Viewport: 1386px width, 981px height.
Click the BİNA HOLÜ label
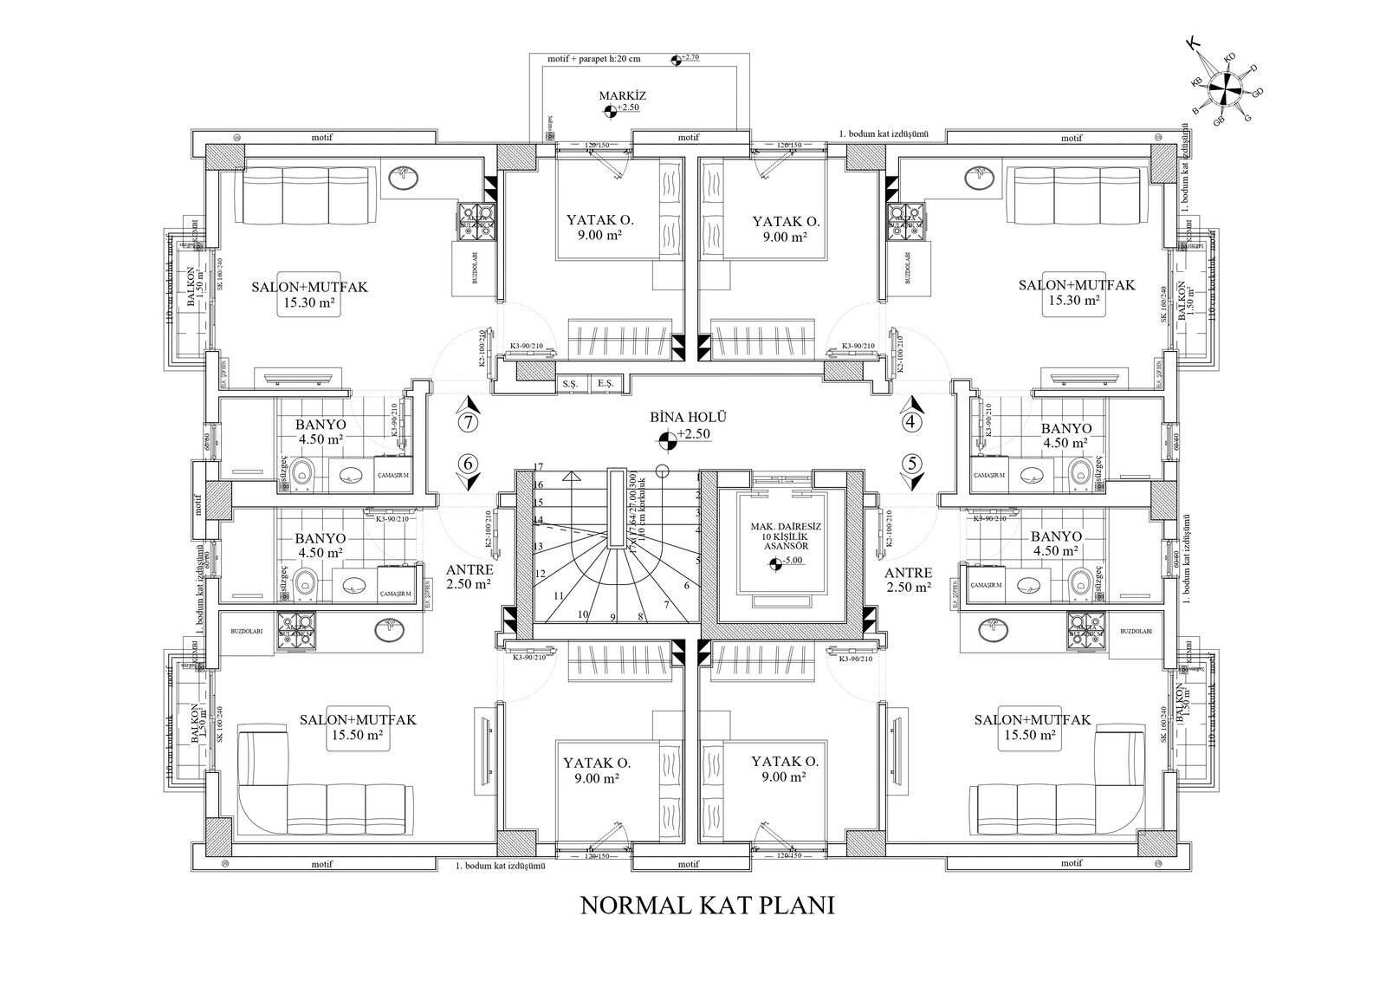click(688, 417)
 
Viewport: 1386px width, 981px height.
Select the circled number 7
click(469, 423)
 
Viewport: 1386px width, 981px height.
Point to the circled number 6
click(469, 463)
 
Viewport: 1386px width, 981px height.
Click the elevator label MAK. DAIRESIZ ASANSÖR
click(779, 537)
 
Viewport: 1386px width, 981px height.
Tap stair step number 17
click(538, 467)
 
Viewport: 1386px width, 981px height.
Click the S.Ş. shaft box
click(569, 382)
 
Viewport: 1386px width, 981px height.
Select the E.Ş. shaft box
click(604, 382)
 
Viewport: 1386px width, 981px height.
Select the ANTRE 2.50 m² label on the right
click(908, 580)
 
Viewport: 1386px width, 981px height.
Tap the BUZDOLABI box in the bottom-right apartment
click(1135, 632)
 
